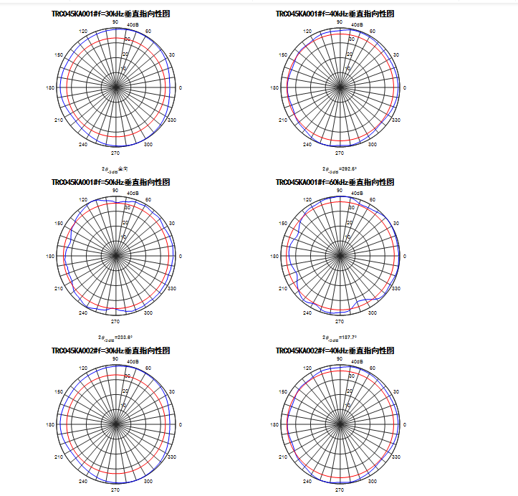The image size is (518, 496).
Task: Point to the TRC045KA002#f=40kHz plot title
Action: [335, 350]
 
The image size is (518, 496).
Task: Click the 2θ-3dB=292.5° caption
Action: [340, 170]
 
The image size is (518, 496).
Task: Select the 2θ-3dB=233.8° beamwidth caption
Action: [115, 338]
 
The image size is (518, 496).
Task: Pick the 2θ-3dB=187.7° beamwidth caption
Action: [340, 338]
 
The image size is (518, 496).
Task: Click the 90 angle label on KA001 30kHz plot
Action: [115, 22]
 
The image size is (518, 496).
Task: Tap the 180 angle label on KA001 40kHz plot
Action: [274, 88]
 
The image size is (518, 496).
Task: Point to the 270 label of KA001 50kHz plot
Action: [115, 322]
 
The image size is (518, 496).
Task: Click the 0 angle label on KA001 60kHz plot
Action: [405, 256]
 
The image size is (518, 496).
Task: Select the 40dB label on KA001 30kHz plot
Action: [133, 25]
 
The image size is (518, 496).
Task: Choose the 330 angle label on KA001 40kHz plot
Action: [395, 120]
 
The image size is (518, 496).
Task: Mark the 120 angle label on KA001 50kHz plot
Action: [83, 199]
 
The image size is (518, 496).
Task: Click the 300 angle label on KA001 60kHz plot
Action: [372, 313]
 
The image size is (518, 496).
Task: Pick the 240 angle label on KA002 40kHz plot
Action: [307, 481]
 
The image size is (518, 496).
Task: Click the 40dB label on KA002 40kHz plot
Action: [357, 362]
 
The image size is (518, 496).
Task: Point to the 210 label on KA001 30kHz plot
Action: [59, 120]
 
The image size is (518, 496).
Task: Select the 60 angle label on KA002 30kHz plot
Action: [148, 368]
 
